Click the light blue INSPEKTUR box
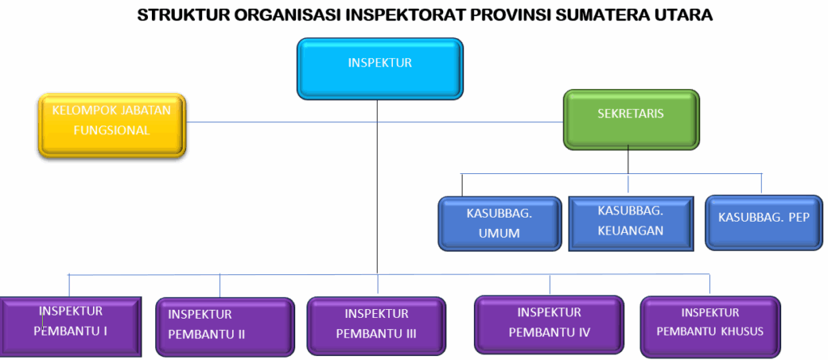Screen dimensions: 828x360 click(380, 69)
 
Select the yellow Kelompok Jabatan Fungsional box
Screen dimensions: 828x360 click(112, 125)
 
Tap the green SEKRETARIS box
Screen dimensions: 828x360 click(631, 119)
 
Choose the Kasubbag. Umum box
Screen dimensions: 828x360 click(500, 223)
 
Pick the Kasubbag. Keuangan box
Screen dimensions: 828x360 click(631, 222)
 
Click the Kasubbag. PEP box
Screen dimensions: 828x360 click(763, 222)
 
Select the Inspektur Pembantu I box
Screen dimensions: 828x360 click(70, 325)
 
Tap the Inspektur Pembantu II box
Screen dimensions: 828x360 click(225, 327)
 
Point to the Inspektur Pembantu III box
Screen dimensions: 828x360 click(376, 326)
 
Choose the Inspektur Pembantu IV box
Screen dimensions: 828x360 click(549, 324)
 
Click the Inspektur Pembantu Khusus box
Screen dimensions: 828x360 click(710, 326)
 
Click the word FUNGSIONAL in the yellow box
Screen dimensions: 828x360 click(112, 130)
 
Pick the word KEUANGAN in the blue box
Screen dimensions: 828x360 click(631, 231)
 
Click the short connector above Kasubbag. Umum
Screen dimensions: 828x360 click(462, 185)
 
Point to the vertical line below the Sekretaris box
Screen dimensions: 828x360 click(627, 160)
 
